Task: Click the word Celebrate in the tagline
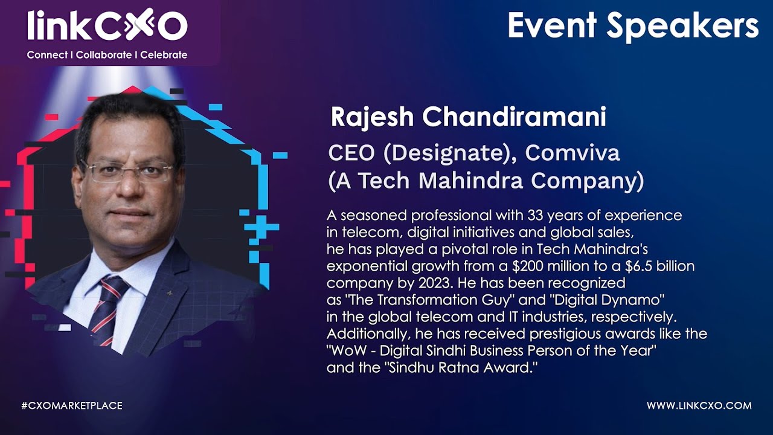pyautogui.click(x=164, y=55)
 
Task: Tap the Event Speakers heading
pyautogui.click(x=632, y=26)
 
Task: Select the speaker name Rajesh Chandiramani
pyautogui.click(x=468, y=117)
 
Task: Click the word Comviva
pyautogui.click(x=573, y=153)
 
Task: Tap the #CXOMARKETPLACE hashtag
pyautogui.click(x=72, y=405)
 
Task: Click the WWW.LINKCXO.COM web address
pyautogui.click(x=699, y=405)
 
